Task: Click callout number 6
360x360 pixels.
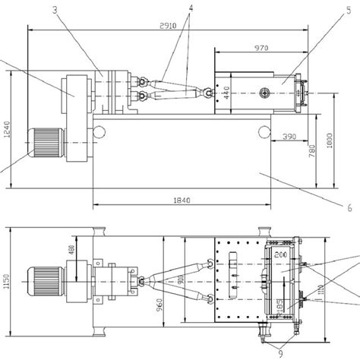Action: tap(349, 206)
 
